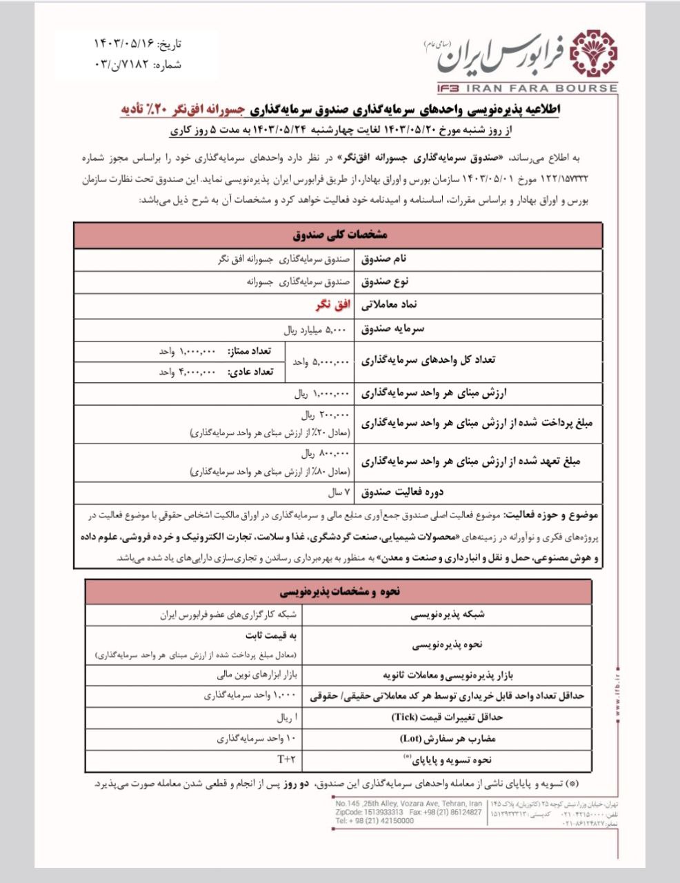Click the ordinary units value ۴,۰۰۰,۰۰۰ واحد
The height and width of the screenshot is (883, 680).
[x=188, y=372]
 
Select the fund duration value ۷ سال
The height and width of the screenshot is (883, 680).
[x=338, y=493]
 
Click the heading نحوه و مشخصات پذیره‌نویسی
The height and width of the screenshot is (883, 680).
[x=338, y=592]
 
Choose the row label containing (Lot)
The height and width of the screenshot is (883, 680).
[x=448, y=738]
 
